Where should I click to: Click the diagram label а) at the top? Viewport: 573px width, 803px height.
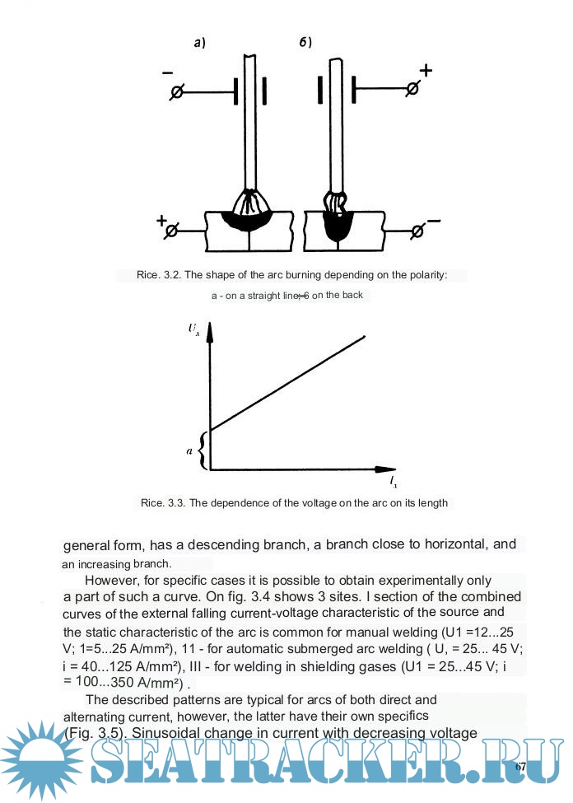(x=198, y=44)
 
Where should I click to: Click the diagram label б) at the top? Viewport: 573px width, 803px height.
(x=305, y=43)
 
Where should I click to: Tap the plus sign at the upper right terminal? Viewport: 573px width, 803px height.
(x=426, y=70)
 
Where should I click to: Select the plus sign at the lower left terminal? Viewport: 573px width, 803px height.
(x=161, y=222)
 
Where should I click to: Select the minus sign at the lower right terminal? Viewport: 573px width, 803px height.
(x=434, y=221)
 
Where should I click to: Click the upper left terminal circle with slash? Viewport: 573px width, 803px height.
(x=175, y=92)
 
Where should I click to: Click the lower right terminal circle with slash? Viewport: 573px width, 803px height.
(x=417, y=232)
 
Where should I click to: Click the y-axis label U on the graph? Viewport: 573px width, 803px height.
(x=193, y=329)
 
